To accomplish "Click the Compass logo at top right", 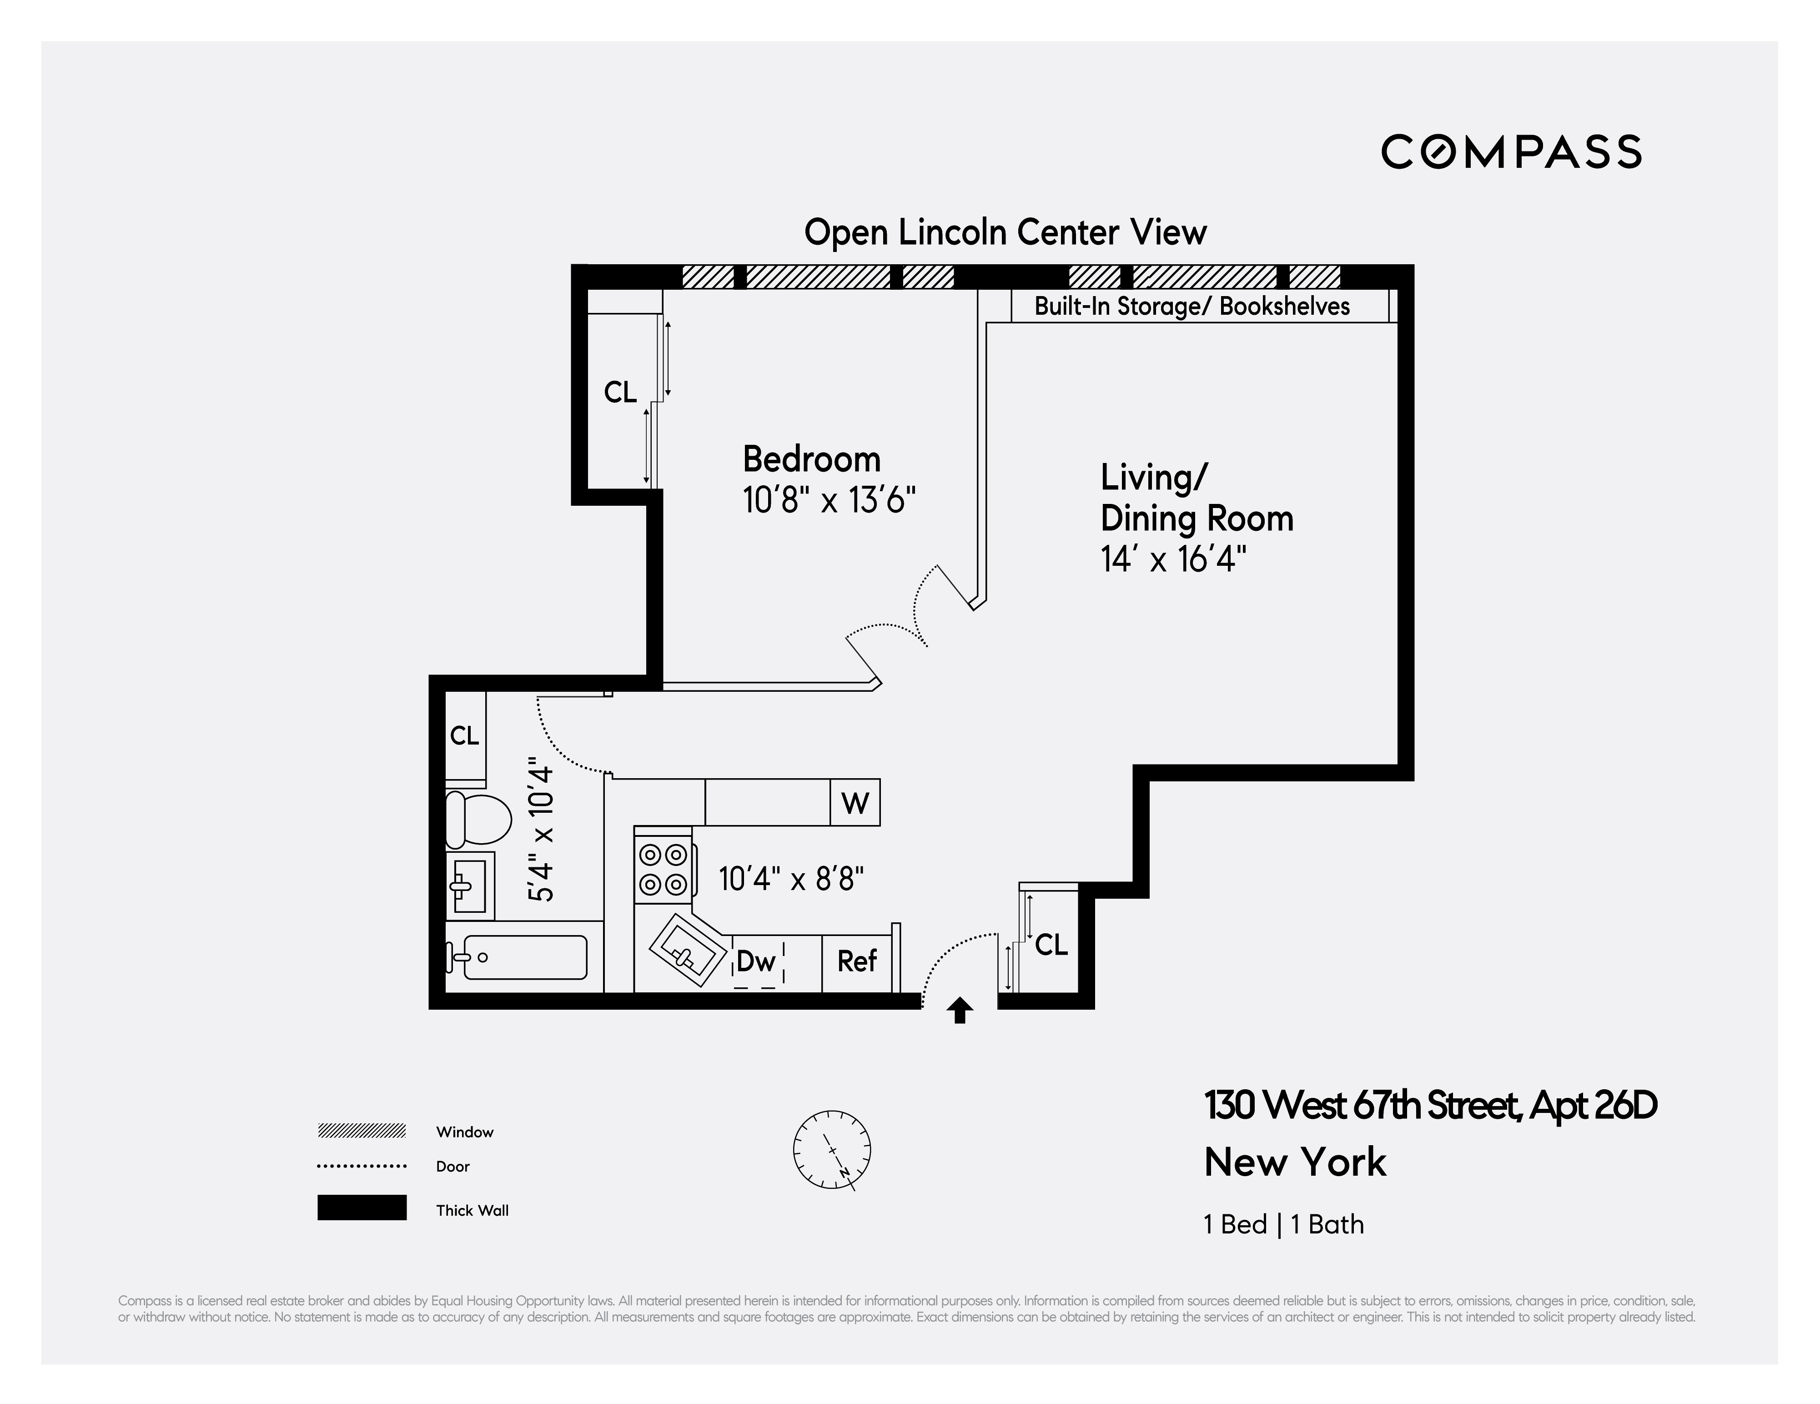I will point(1511,151).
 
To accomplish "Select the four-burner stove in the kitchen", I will point(664,869).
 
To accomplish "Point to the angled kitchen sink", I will point(689,952).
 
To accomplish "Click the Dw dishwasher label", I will point(756,961).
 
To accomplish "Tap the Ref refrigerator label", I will point(857,961).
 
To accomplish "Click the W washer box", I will point(855,803).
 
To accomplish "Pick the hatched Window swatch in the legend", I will point(362,1131).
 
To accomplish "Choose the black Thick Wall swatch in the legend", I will point(362,1208).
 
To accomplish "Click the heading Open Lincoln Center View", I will point(1005,232).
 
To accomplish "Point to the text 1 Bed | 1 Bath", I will point(1283,1224).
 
